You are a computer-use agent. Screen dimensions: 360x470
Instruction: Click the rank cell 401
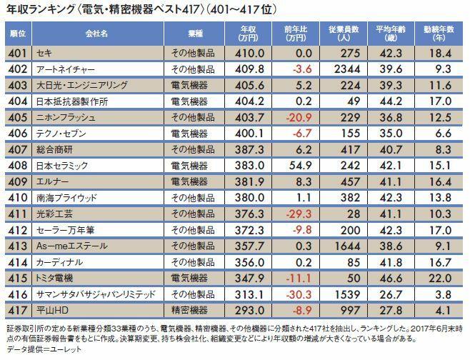19,54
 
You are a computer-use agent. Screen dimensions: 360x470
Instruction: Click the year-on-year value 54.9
293,165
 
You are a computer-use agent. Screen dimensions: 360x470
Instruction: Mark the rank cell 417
19,309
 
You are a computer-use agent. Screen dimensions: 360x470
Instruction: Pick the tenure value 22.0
440,277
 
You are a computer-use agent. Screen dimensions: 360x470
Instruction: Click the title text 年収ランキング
43,10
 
